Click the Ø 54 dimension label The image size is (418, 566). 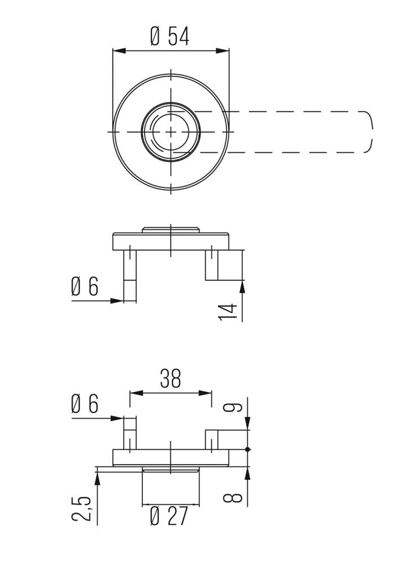[169, 36]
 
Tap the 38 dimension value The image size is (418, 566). [171, 378]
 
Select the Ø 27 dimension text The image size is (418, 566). [169, 516]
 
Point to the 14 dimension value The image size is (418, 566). [228, 311]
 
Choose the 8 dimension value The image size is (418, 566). [232, 498]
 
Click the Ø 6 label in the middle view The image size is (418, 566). [85, 286]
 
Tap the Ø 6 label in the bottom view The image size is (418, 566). [85, 404]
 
